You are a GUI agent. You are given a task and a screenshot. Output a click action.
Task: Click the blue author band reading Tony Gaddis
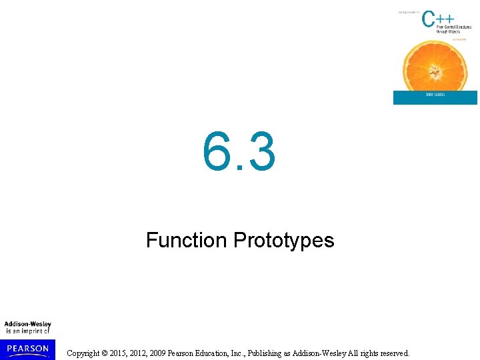click(x=435, y=97)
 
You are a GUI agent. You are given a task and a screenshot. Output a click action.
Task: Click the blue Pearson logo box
click(x=28, y=349)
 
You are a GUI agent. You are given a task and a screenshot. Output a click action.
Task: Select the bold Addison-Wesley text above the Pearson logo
click(x=28, y=324)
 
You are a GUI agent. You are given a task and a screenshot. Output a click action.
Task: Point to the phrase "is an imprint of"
click(x=28, y=331)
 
